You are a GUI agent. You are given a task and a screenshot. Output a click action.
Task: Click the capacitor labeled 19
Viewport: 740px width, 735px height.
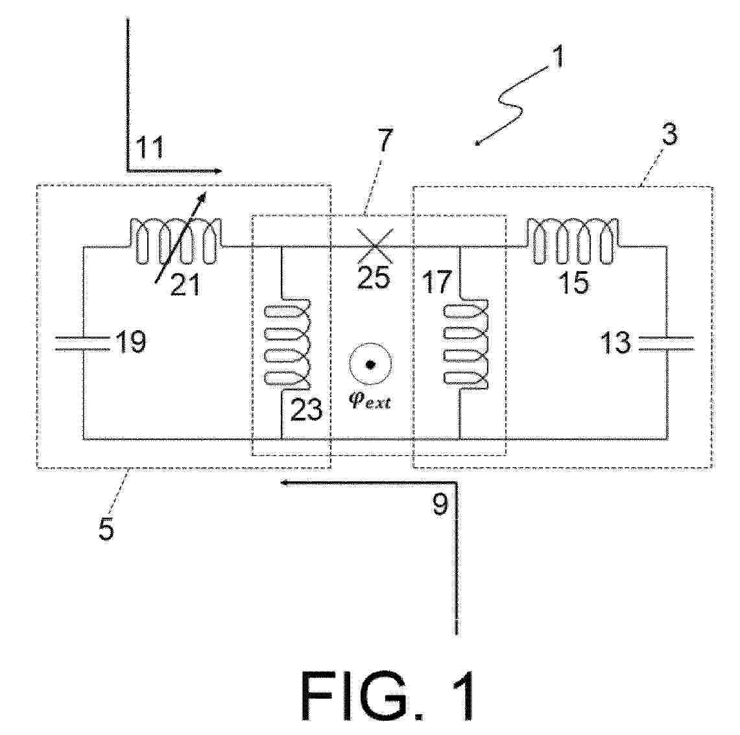pyautogui.click(x=82, y=344)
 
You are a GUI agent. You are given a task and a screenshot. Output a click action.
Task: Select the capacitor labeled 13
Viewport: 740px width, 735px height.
pyautogui.click(x=666, y=344)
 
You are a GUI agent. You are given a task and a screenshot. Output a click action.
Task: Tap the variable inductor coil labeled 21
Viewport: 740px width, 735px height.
pyautogui.click(x=176, y=241)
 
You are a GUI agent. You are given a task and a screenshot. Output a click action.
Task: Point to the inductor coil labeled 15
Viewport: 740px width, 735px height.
pyautogui.click(x=573, y=241)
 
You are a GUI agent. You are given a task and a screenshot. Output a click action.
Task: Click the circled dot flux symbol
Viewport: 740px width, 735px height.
pyautogui.click(x=370, y=365)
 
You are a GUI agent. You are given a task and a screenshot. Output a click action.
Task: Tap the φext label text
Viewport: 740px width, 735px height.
pyautogui.click(x=370, y=402)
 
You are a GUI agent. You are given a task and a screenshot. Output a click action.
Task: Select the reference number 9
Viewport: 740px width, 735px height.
pyautogui.click(x=440, y=505)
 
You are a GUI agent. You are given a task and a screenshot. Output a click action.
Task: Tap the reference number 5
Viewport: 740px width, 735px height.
pyautogui.click(x=106, y=529)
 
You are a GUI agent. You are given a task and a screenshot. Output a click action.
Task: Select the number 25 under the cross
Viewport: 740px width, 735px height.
pyautogui.click(x=374, y=276)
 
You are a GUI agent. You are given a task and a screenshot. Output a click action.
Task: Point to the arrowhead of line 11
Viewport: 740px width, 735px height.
pyautogui.click(x=217, y=171)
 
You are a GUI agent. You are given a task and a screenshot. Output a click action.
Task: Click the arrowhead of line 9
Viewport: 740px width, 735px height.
pyautogui.click(x=284, y=483)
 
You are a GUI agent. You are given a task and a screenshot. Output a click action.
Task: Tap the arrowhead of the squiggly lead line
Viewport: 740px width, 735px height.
pyautogui.click(x=477, y=143)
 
